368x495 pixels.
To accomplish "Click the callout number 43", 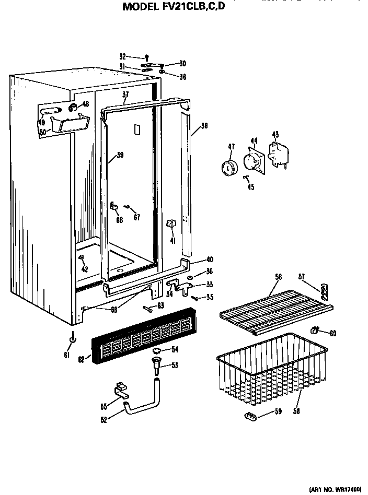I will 275,135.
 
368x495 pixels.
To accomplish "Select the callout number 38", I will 204,126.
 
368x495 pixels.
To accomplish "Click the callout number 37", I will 125,95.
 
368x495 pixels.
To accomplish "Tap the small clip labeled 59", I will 251,416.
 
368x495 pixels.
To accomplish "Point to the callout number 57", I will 302,276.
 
